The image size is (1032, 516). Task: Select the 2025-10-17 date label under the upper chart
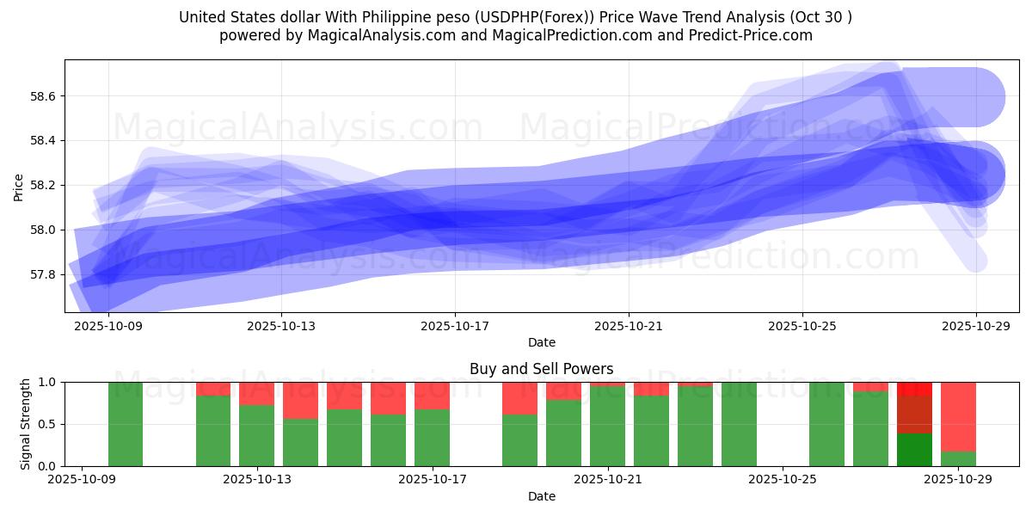coord(455,326)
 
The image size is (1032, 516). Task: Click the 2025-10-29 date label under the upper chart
coord(976,326)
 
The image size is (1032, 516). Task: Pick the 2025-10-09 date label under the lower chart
coord(82,480)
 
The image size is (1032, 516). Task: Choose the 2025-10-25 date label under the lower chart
coord(783,480)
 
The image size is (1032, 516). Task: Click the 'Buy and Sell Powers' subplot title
coord(541,369)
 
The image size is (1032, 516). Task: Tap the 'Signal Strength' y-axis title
coord(26,424)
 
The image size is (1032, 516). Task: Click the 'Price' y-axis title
coord(19,186)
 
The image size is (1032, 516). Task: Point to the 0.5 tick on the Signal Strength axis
coord(47,424)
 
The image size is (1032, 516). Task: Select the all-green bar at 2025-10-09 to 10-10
coord(126,424)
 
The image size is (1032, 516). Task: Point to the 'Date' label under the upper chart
coord(541,342)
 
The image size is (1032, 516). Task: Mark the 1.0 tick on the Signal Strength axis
coord(47,382)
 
